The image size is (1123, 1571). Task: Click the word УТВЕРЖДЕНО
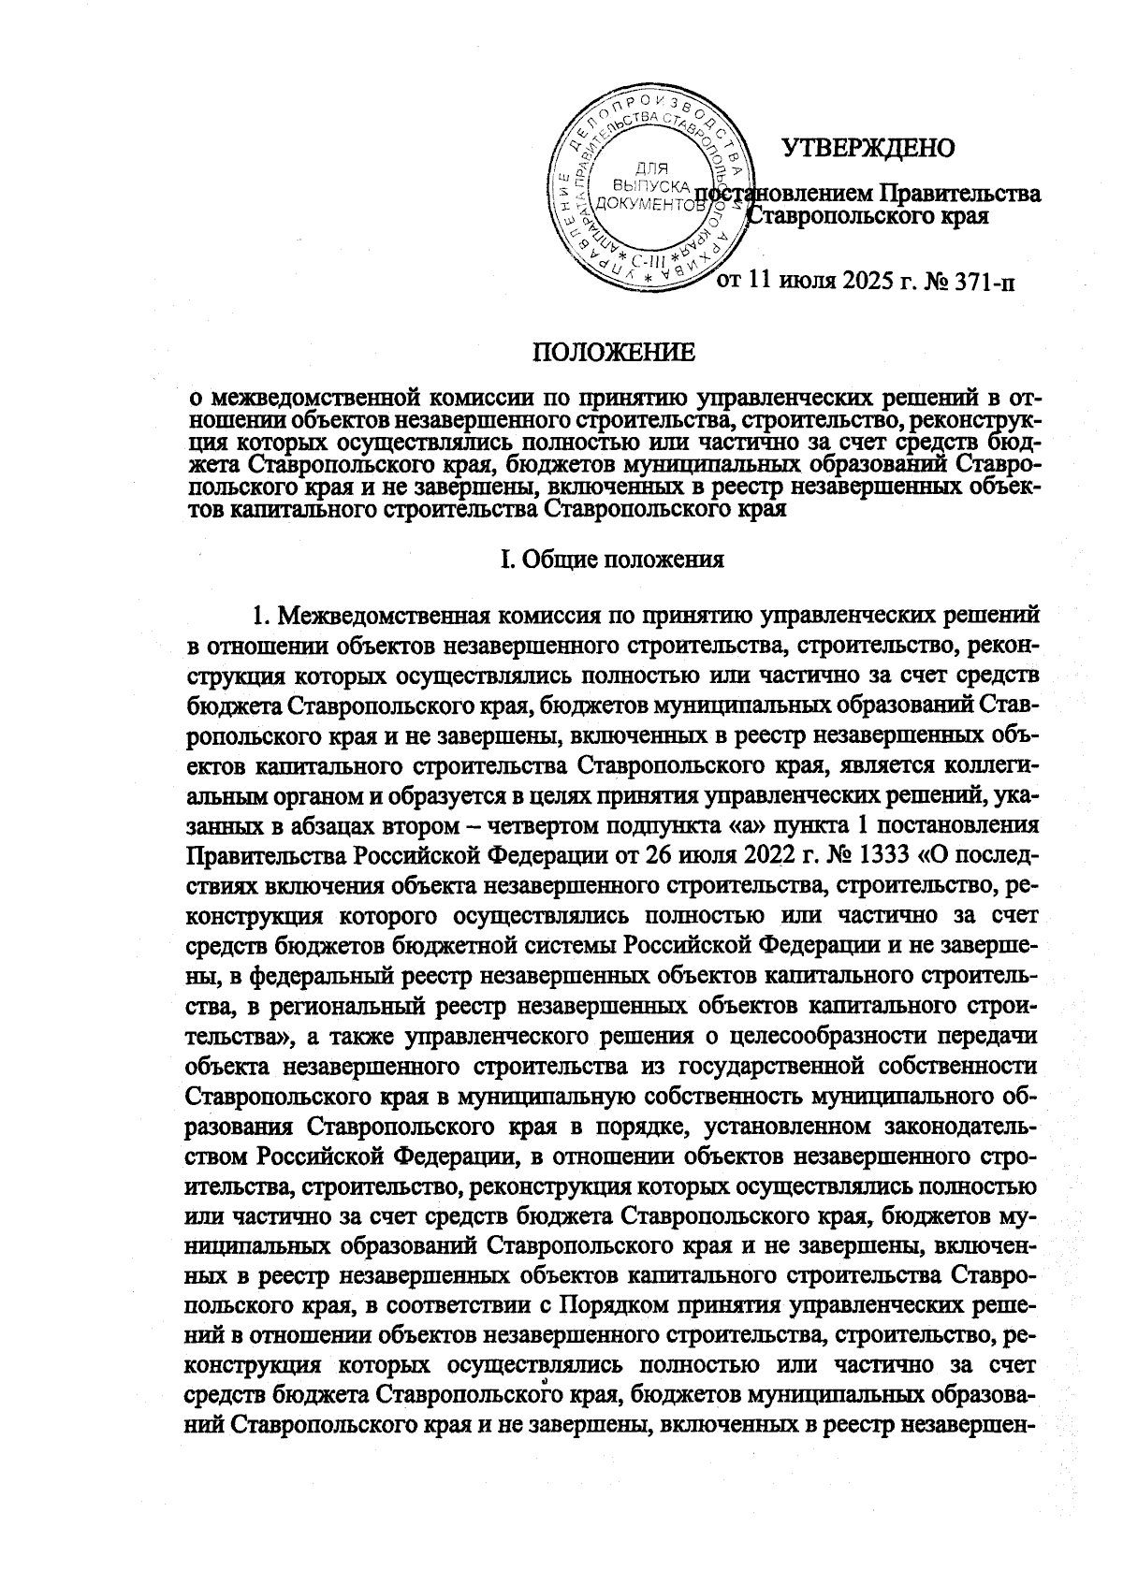click(867, 148)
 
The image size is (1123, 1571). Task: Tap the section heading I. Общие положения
click(614, 560)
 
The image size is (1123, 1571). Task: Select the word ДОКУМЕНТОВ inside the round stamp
click(649, 201)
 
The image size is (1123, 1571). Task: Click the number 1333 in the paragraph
click(886, 857)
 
